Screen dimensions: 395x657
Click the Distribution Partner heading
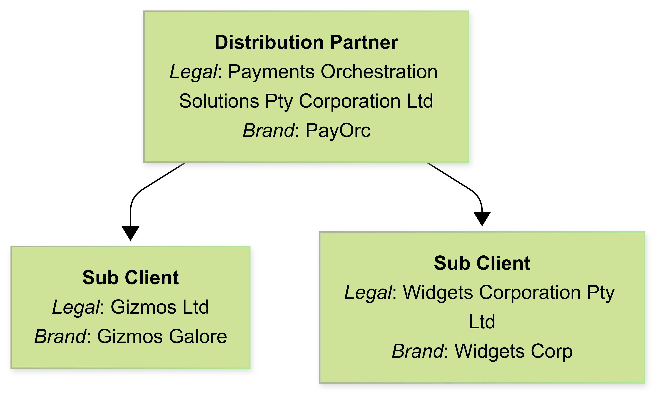click(306, 42)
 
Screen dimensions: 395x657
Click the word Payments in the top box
click(271, 72)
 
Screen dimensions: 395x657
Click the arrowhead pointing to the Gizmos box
click(130, 233)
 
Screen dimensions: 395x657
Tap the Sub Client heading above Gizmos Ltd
click(130, 278)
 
